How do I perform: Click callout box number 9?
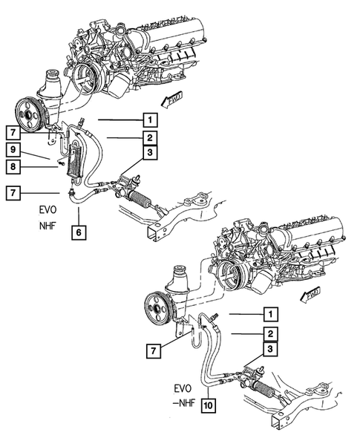tap(13, 150)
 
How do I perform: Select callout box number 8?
tap(13, 167)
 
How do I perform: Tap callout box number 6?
tap(79, 232)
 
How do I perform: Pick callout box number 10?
tap(209, 405)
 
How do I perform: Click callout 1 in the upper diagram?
tap(150, 120)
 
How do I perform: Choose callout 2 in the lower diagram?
tap(270, 333)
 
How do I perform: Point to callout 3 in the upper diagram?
tap(150, 152)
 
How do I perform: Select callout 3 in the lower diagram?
tap(270, 349)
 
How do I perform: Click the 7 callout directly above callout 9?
tap(13, 132)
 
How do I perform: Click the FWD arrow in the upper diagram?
tap(172, 99)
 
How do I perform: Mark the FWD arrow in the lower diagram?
tap(310, 295)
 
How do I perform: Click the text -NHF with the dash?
tap(184, 403)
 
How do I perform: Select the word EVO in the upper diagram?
tap(48, 210)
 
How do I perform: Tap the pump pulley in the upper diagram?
tap(30, 114)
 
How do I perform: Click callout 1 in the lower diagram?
tap(270, 314)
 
